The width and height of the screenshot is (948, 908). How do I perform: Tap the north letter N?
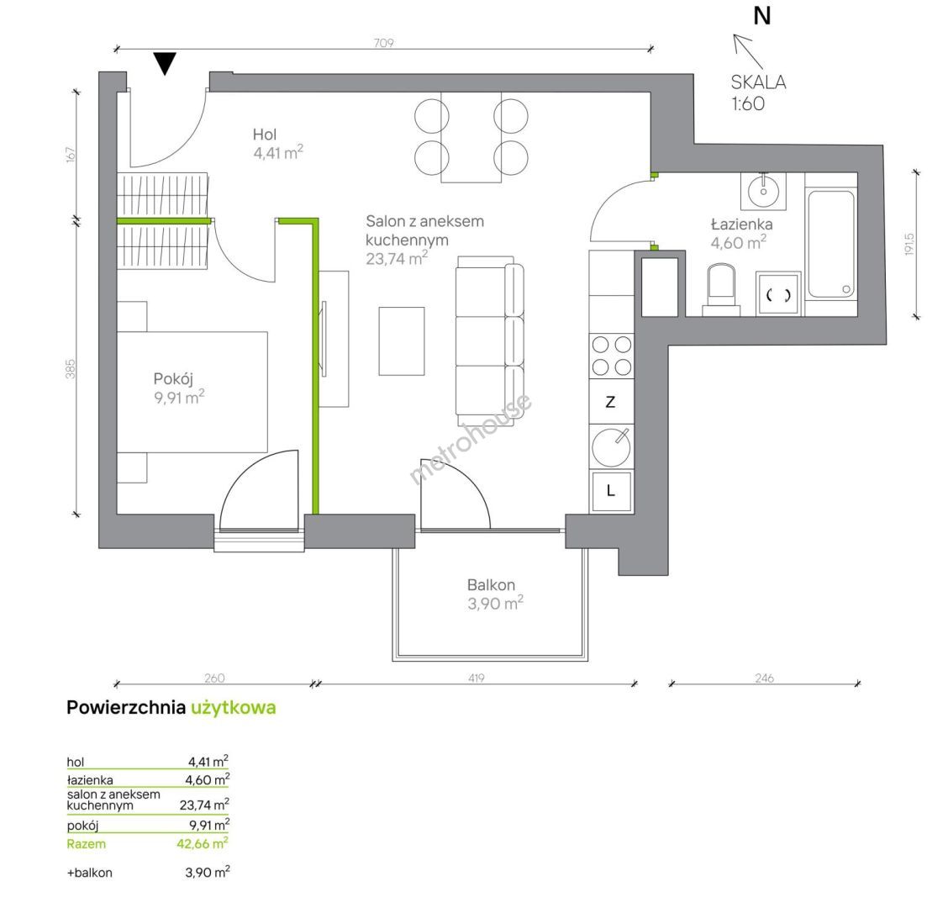[762, 16]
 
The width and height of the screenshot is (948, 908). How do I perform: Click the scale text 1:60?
[748, 103]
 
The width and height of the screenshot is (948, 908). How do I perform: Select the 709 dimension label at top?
[384, 43]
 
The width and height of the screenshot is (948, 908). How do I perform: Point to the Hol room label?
[265, 135]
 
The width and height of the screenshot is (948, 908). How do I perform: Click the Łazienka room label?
[742, 224]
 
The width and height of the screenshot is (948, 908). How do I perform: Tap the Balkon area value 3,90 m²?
[495, 603]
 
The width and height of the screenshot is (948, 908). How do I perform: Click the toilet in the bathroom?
[721, 289]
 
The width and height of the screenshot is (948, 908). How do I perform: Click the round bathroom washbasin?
[763, 192]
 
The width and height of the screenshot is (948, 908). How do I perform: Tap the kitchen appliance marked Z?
[611, 402]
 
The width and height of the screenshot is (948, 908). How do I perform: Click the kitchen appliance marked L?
[611, 491]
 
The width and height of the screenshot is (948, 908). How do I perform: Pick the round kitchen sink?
[611, 447]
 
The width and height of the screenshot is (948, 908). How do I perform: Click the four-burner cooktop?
[611, 356]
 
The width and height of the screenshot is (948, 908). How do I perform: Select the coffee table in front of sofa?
[402, 341]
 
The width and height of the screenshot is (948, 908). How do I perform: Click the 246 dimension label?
[764, 678]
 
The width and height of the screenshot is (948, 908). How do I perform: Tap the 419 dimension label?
[476, 678]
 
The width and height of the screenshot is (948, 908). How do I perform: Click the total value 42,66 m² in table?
[203, 842]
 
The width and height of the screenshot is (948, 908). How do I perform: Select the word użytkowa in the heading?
[234, 708]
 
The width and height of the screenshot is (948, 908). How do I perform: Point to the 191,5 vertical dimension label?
[910, 245]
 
